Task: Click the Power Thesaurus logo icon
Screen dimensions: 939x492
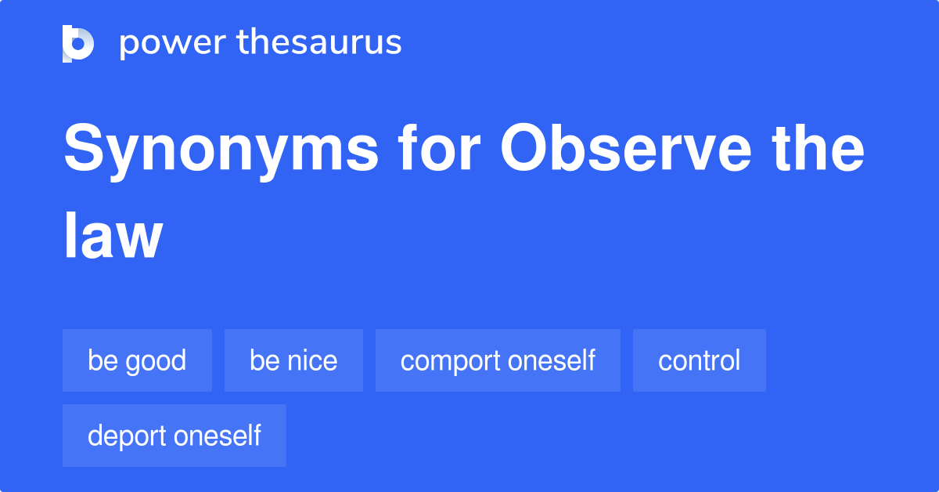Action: click(78, 44)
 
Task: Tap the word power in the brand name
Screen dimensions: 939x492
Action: click(173, 44)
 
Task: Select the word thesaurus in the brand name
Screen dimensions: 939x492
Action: click(319, 42)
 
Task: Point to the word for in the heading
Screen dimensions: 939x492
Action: click(439, 147)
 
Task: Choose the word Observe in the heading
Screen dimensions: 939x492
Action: click(626, 147)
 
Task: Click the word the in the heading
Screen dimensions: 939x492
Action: click(818, 147)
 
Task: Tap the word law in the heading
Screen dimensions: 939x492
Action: click(113, 235)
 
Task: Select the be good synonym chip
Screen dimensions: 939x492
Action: click(137, 360)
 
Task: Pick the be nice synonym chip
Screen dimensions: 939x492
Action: click(293, 360)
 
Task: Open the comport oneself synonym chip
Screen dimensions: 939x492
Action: click(498, 360)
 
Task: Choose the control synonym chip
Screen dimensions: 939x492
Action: click(700, 360)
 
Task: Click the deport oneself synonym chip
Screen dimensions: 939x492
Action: click(174, 436)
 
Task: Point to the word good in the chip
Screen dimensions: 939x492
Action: click(156, 362)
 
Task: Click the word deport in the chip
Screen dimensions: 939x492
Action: click(127, 437)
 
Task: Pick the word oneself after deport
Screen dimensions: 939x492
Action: click(218, 436)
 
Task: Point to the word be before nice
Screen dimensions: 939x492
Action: click(265, 360)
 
